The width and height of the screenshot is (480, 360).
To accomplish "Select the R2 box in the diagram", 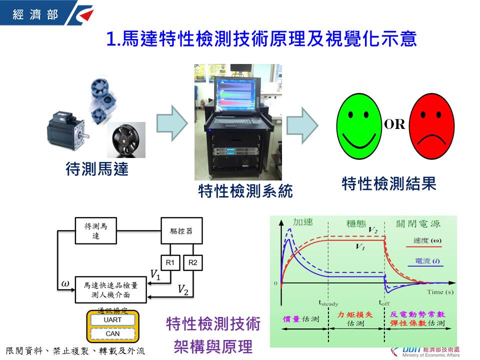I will [191, 262].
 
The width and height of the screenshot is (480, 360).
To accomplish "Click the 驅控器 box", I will [181, 231].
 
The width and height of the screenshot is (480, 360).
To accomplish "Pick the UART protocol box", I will [112, 320].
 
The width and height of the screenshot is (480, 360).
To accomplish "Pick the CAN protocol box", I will [112, 333].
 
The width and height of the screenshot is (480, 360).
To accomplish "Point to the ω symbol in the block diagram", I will [65, 284].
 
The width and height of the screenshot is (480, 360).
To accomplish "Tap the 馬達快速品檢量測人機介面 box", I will [111, 289].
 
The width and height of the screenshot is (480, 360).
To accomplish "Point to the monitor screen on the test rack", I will [238, 94].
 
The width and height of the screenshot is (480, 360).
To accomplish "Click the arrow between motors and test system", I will [172, 123].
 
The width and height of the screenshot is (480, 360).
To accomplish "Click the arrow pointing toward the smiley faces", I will [302, 123].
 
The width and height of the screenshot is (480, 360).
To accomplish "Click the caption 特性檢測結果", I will [389, 183].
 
